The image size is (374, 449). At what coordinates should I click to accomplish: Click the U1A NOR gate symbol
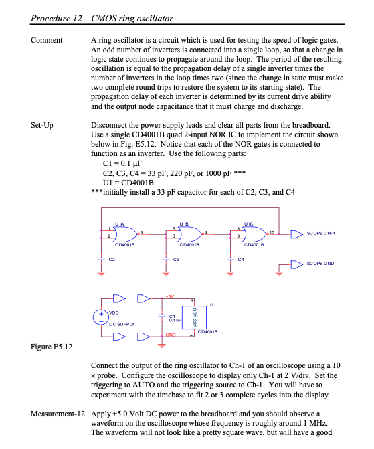click(124, 234)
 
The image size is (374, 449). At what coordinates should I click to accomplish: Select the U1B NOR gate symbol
click(190, 234)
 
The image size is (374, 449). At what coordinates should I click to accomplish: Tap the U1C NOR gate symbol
click(255, 234)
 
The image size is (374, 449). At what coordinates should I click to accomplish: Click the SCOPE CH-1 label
click(321, 233)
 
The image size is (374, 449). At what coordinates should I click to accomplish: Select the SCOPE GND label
click(320, 264)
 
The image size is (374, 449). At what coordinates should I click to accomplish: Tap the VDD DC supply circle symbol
click(102, 315)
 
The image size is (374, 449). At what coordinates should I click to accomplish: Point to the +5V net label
click(171, 296)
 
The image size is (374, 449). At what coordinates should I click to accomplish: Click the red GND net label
click(171, 333)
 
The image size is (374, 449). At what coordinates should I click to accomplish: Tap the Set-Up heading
click(43, 124)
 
